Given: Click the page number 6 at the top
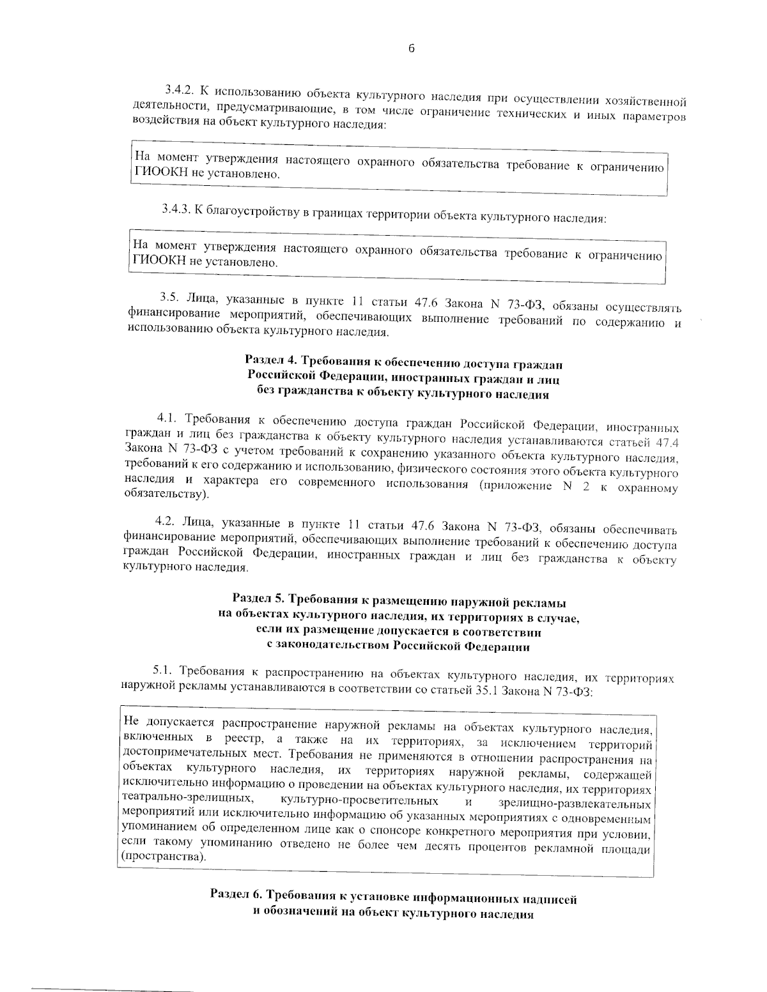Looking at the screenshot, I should pyautogui.click(x=411, y=49).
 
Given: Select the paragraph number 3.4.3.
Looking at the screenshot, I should pyautogui.click(x=175, y=210).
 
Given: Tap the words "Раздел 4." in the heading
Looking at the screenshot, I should pyautogui.click(x=271, y=362).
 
